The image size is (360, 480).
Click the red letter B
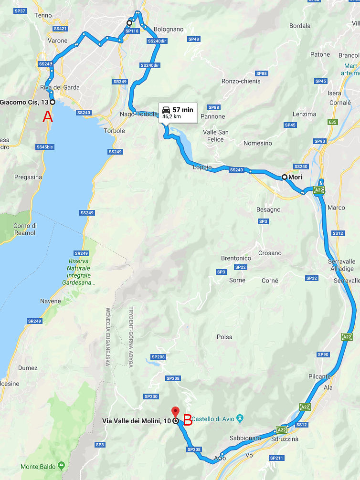(188, 420)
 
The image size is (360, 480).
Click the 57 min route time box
(178, 112)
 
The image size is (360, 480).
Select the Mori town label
(294, 177)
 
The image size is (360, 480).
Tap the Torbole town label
(115, 131)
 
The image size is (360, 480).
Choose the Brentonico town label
(236, 258)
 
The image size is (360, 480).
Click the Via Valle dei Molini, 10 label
(136, 421)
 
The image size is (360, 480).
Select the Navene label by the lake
(50, 301)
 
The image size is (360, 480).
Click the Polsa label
(224, 337)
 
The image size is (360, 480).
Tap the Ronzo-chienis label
(242, 81)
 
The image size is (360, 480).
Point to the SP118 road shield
(131, 31)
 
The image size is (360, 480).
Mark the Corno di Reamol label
(24, 229)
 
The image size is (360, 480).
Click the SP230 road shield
(151, 397)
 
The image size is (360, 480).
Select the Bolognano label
(169, 29)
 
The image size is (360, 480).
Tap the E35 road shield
(332, 123)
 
